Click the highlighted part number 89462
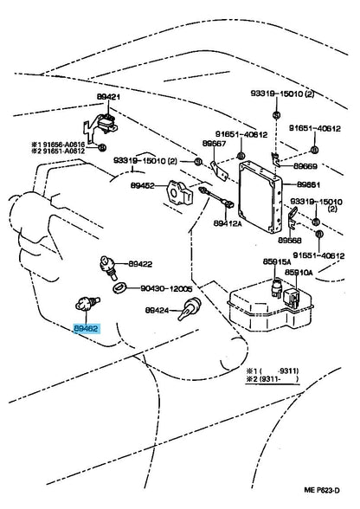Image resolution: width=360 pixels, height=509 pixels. (85, 330)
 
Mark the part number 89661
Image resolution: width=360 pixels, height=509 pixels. (312, 184)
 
